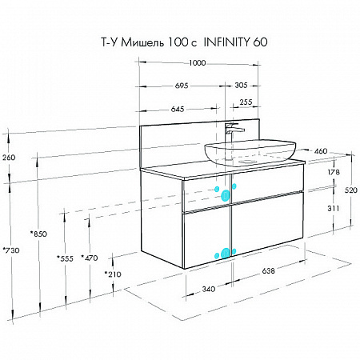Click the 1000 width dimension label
198,63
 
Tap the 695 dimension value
182,86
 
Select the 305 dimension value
241,86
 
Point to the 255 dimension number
246,102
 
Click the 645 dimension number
178,109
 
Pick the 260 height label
9,158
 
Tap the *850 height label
38,234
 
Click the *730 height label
11,250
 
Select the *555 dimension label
65,258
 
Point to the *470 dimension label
90,258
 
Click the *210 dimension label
113,274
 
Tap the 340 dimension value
208,289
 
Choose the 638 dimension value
268,270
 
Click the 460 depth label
321,151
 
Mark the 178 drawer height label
334,172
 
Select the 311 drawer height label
334,208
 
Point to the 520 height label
351,190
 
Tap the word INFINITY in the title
226,42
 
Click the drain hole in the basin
246,162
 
